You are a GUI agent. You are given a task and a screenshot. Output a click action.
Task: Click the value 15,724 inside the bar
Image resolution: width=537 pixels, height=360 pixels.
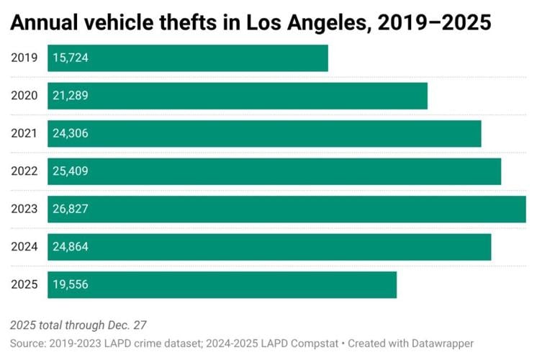70,58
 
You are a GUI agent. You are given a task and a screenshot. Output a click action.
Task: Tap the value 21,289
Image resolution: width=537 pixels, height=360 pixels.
70,96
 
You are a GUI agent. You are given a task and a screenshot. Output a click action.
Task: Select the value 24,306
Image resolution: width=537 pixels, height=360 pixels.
70,133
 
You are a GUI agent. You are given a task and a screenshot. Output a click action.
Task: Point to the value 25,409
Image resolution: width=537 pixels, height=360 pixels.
70,171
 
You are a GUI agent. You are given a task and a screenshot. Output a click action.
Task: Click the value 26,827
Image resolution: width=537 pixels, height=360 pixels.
70,209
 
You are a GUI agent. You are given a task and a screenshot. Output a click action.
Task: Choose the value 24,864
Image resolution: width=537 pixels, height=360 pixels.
70,247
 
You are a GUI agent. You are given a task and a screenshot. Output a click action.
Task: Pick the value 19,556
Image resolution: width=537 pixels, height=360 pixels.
70,284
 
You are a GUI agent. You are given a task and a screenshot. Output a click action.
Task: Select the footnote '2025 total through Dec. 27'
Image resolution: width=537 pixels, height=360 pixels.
78,325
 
